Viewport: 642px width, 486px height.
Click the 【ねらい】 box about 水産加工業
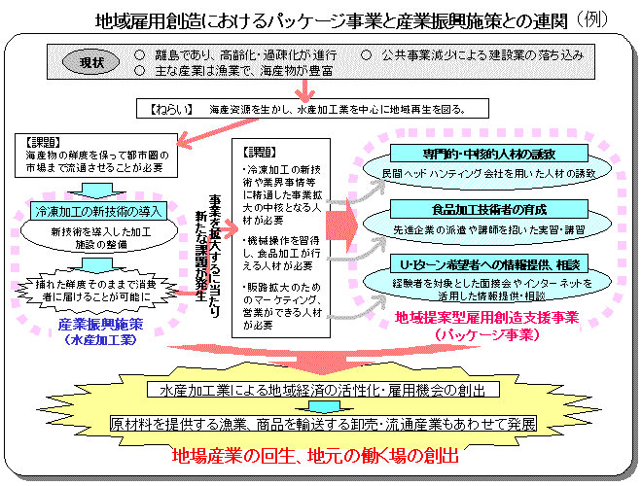point(309,109)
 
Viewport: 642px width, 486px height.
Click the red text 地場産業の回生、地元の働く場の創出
point(313,455)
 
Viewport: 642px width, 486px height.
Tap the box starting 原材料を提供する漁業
point(323,425)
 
